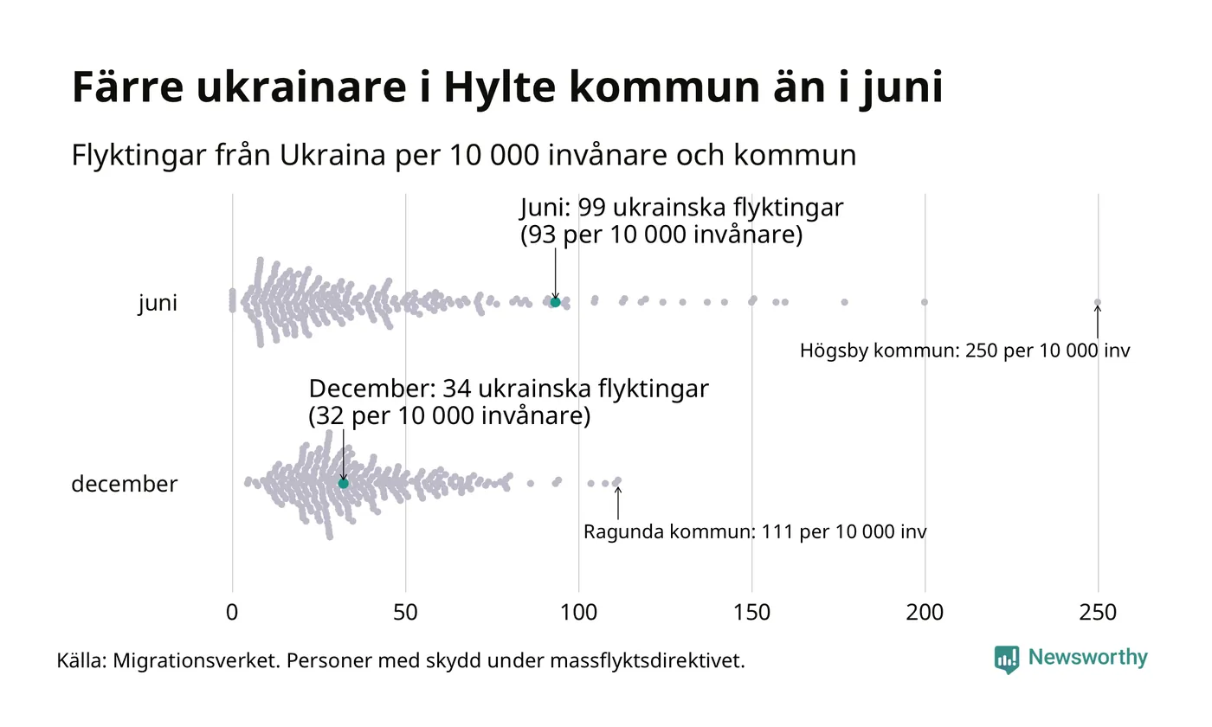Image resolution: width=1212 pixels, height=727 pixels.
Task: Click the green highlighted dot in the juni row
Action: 555,302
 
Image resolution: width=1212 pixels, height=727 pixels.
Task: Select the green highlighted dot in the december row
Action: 343,483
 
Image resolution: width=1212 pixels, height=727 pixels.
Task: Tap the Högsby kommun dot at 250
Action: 1098,302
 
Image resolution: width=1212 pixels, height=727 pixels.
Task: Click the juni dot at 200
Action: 925,302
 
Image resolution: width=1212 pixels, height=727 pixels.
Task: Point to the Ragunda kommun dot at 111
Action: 617,480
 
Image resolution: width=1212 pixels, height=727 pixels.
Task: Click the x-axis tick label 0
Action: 232,613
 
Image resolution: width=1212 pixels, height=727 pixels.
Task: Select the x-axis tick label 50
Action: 405,613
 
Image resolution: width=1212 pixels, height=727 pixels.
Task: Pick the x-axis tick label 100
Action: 578,613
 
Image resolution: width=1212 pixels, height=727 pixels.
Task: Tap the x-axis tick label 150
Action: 751,613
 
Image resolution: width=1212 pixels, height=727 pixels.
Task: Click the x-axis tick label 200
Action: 925,613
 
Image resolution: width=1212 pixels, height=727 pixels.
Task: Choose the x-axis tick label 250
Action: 1098,613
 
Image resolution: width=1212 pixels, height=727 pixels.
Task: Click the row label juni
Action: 158,304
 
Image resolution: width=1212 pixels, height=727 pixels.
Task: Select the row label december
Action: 124,484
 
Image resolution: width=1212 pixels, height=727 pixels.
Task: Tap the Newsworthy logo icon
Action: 1007,659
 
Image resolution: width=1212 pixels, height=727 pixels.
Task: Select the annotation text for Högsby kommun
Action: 964,351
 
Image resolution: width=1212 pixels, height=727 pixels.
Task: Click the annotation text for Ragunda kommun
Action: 755,531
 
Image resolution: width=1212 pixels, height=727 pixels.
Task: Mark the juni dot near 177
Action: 844,302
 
